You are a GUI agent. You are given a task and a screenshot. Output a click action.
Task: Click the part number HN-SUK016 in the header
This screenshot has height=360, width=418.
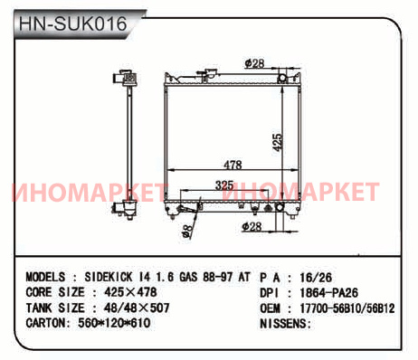pyautogui.click(x=72, y=24)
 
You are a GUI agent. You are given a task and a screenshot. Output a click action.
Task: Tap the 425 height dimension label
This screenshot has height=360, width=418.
pyautogui.click(x=277, y=142)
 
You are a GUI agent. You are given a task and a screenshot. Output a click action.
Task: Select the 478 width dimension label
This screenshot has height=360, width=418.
pyautogui.click(x=233, y=165)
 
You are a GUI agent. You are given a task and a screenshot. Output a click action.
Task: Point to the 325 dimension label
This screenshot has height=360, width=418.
pyautogui.click(x=224, y=185)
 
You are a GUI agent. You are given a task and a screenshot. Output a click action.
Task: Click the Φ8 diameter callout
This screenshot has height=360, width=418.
pyautogui.click(x=186, y=231)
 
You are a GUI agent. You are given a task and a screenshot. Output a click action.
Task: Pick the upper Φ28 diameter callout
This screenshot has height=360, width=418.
pyautogui.click(x=255, y=63)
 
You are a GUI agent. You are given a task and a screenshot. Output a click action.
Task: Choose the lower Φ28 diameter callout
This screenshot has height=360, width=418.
pyautogui.click(x=252, y=226)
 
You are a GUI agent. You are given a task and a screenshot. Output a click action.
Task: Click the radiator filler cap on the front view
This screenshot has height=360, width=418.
pyautogui.click(x=207, y=74)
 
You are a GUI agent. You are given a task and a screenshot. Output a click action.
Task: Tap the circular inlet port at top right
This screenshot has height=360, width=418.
pyautogui.click(x=282, y=78)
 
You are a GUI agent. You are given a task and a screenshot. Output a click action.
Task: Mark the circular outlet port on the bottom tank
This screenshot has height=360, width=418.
pyautogui.click(x=280, y=207)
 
